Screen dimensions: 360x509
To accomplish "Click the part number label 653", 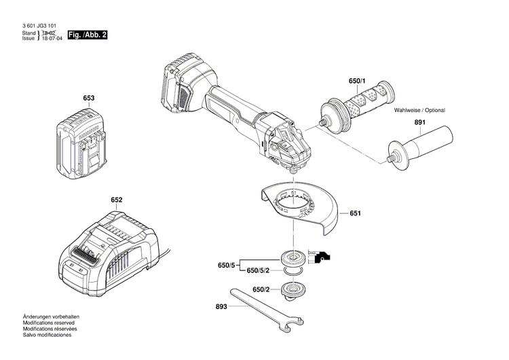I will coord(88,98).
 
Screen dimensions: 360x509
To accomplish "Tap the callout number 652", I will coord(117,200).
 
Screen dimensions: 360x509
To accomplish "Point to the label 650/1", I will coord(357,82).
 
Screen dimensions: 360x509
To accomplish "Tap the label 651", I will coord(356,214).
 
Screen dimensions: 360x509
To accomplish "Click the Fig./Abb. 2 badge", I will coord(88,35).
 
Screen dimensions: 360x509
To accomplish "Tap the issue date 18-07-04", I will coord(52,39).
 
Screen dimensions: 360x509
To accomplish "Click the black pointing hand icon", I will coord(323,256).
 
